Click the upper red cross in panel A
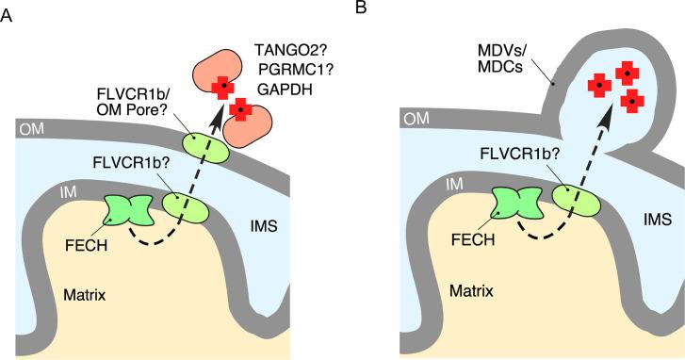pos(223,88)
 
